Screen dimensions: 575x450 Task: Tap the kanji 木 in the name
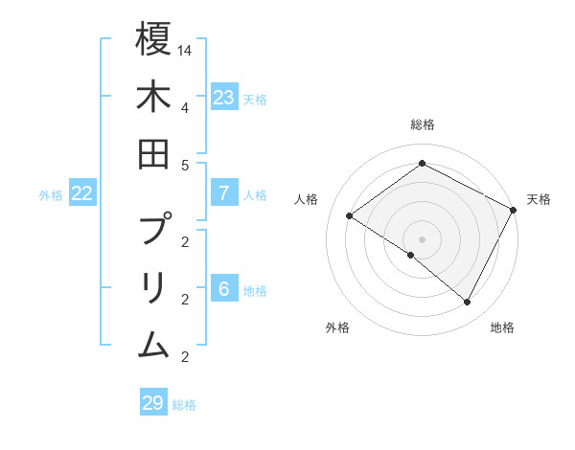153,97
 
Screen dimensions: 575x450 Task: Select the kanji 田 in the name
153,153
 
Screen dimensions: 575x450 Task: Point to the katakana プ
153,230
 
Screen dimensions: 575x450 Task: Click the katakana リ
153,286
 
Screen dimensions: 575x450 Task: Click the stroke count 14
185,50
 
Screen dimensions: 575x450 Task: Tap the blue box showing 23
224,97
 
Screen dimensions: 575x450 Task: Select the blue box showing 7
224,193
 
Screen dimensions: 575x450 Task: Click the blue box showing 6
224,289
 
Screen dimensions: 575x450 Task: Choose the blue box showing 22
82,193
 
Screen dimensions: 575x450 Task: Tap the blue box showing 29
153,402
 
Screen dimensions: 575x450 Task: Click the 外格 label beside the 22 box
51,195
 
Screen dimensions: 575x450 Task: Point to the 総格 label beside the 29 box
184,404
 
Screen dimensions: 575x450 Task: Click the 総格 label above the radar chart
422,124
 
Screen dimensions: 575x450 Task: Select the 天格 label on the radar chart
539,199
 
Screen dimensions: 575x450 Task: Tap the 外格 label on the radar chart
337,327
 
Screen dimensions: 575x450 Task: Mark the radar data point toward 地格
468,303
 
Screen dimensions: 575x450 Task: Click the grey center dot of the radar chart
422,238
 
